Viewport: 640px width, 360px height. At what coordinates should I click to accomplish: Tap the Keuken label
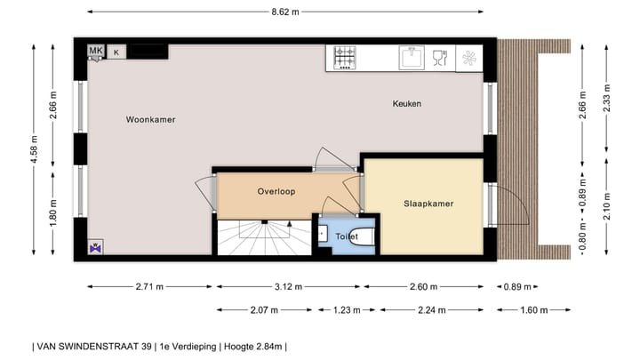[406, 104]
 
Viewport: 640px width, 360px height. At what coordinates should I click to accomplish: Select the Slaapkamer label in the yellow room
[428, 204]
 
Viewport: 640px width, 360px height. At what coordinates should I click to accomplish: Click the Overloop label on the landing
[276, 191]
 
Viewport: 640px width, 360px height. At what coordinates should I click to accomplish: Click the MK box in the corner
[95, 52]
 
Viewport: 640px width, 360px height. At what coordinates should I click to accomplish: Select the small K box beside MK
[115, 52]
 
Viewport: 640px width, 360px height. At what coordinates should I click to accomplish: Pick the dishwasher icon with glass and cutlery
[437, 58]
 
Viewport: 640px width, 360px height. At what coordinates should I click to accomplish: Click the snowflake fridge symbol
[468, 59]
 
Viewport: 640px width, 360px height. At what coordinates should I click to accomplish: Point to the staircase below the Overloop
[262, 236]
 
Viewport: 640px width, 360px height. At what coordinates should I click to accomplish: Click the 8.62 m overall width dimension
[284, 12]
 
